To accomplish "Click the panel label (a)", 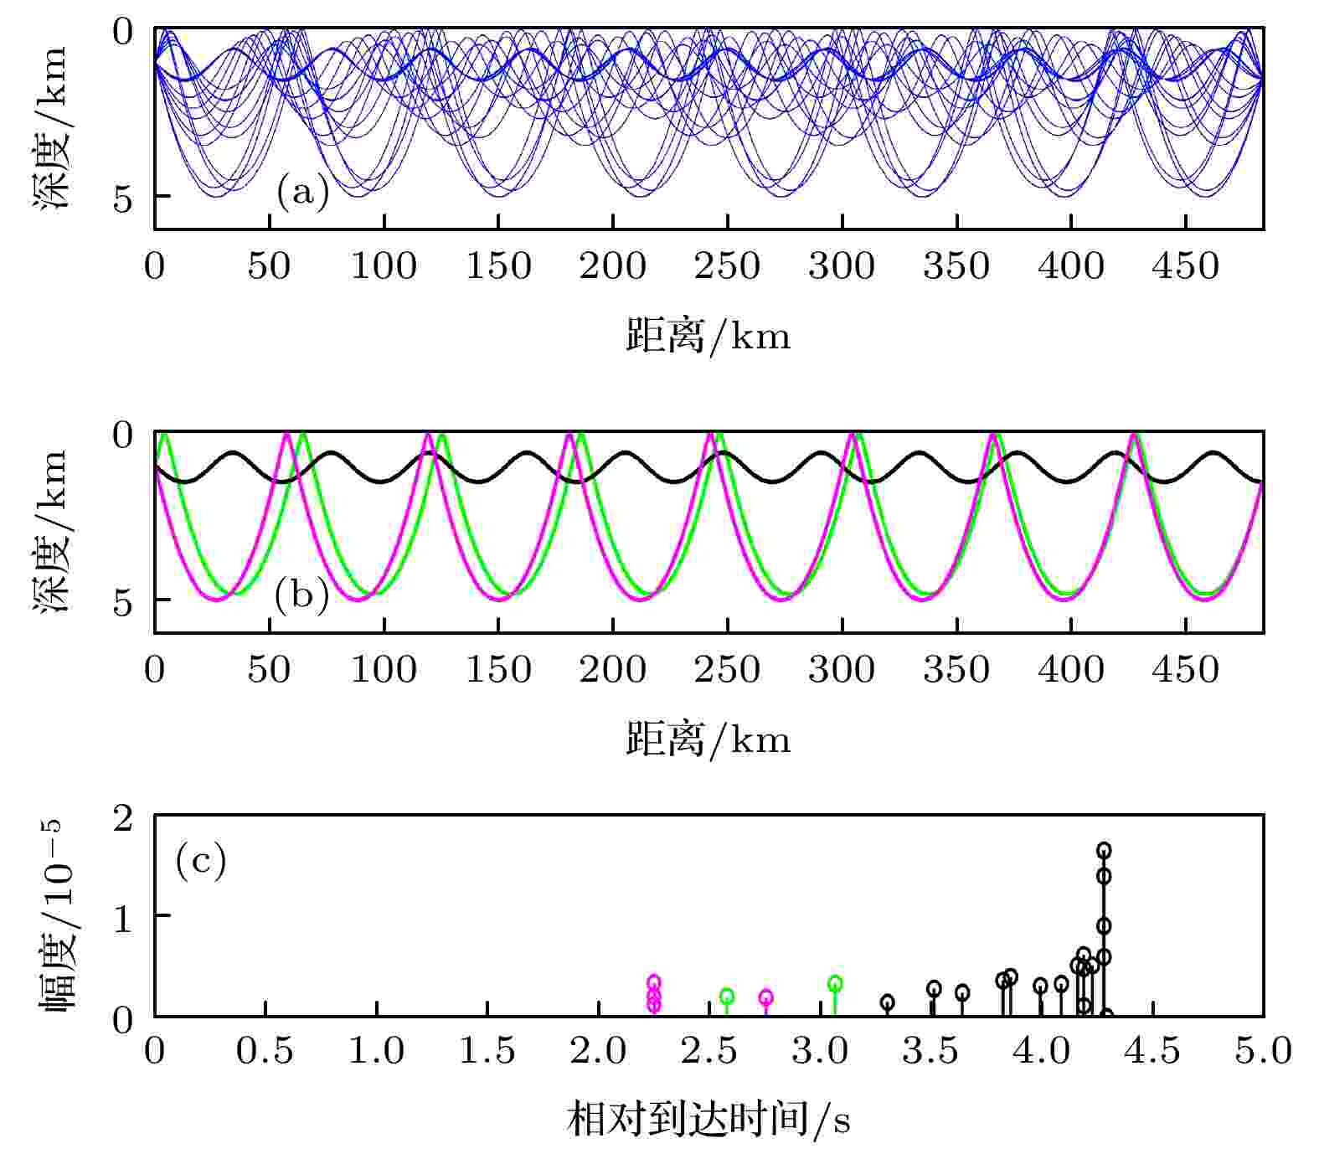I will pyautogui.click(x=302, y=193).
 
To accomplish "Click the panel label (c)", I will pyautogui.click(x=201, y=860).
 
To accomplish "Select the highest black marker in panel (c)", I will pyautogui.click(x=1104, y=850).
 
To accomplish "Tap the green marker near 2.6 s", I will pyautogui.click(x=727, y=996).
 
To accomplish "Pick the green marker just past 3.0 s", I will pyautogui.click(x=835, y=983).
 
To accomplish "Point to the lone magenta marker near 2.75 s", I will pyautogui.click(x=765, y=997).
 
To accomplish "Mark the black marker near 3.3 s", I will pyautogui.click(x=888, y=1002).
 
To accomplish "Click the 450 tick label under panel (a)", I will pyautogui.click(x=1185, y=267).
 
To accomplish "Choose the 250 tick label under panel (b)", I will pyautogui.click(x=727, y=670).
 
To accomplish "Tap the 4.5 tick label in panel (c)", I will pyautogui.click(x=1152, y=1050).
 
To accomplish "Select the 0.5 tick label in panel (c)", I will pyautogui.click(x=265, y=1050).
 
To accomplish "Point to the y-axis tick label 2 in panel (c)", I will pyautogui.click(x=123, y=818).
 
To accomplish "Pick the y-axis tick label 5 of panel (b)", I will pyautogui.click(x=123, y=602).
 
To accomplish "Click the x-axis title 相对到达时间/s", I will pyautogui.click(x=708, y=1120).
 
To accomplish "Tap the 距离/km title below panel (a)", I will pyautogui.click(x=708, y=337).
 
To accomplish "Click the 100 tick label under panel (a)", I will pyautogui.click(x=383, y=267).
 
